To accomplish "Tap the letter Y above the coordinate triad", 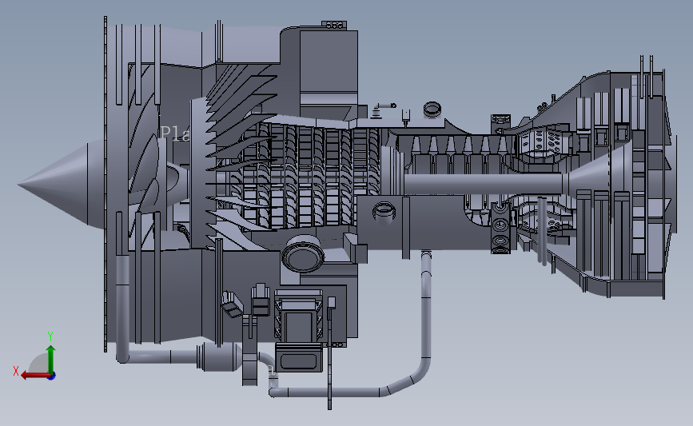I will pos(50,336).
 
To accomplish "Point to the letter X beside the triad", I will pos(15,371).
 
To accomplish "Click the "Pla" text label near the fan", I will pos(174,133).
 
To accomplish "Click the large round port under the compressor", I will pos(303,256).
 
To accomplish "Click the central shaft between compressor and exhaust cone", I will pos(480,183).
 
